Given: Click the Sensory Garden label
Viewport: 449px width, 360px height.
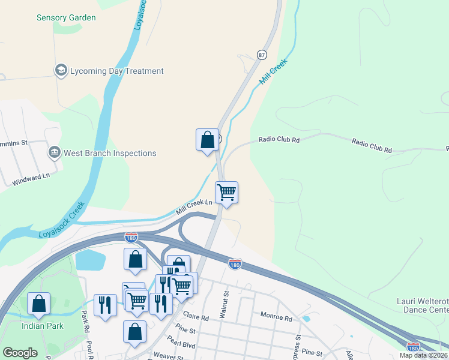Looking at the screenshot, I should point(66,17).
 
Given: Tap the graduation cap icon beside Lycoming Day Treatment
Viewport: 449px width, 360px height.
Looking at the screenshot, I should point(60,71).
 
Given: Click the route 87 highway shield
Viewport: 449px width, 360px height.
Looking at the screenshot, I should point(262,54).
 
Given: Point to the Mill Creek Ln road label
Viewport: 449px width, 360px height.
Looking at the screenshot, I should point(194,207).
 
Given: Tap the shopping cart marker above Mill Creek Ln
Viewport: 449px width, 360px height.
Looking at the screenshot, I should point(226,193).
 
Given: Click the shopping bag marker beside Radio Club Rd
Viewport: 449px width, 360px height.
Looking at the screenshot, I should point(207,140).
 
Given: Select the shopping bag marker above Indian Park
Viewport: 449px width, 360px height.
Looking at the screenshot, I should point(39,304).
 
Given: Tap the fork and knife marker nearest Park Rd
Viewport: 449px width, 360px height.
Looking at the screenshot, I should point(106,305).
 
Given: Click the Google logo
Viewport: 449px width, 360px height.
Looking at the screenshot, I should point(20,353).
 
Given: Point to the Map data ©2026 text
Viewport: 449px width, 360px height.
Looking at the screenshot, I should point(423,355).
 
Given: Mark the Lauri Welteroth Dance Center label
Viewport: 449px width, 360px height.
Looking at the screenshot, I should point(423,305).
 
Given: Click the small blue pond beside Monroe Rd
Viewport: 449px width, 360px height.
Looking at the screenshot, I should point(308,319).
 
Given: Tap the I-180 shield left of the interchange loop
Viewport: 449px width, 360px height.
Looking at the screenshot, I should point(131,237).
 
